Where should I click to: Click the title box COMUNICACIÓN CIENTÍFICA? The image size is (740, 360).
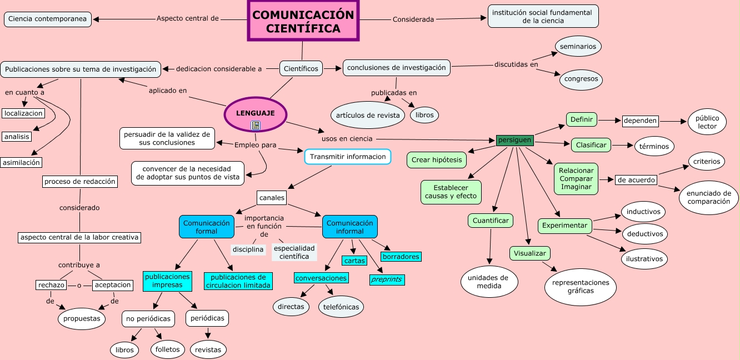[x=303, y=21]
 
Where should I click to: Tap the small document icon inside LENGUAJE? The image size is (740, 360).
[x=256, y=126]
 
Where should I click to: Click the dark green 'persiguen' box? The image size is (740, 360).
[x=514, y=140]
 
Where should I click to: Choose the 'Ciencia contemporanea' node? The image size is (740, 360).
[x=48, y=19]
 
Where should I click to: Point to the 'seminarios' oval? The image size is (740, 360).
[x=578, y=47]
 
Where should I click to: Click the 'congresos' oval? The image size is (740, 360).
[x=581, y=79]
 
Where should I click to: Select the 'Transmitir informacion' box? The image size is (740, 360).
[x=348, y=157]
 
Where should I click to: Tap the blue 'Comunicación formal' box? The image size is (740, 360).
[x=206, y=227]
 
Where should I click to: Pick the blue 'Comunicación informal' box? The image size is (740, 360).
[x=349, y=227]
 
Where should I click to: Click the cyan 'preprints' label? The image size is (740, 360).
[x=387, y=280]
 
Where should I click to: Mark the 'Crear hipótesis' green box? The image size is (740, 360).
[x=437, y=160]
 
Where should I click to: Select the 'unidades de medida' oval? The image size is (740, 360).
[x=488, y=282]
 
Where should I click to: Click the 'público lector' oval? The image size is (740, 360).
[x=707, y=122]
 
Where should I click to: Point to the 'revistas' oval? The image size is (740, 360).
[x=208, y=349]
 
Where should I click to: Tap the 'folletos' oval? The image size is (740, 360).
[x=168, y=349]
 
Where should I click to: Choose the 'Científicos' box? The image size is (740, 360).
[x=301, y=68]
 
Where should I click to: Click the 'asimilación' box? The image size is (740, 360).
[x=22, y=162]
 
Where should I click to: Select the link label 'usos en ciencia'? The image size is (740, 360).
[x=347, y=138]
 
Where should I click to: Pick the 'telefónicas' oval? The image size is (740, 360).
[x=341, y=307]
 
